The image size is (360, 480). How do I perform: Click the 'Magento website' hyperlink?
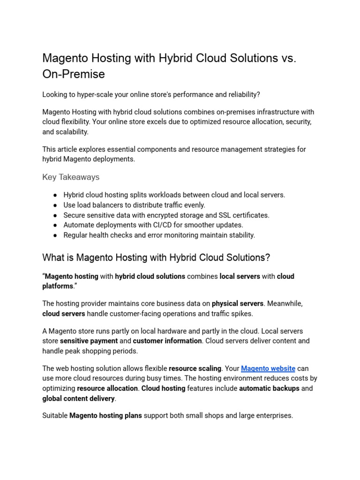(x=268, y=368)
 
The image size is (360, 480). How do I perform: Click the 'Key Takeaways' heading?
(x=71, y=177)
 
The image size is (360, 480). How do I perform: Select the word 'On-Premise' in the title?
(x=74, y=74)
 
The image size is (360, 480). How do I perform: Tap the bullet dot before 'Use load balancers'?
(x=55, y=205)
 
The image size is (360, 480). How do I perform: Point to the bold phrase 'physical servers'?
(x=238, y=304)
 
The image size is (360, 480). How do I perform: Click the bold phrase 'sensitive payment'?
(x=89, y=341)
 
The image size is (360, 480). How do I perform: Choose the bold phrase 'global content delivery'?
(x=79, y=398)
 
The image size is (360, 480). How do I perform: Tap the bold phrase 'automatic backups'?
(x=269, y=389)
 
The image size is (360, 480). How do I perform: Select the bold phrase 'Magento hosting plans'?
(x=105, y=416)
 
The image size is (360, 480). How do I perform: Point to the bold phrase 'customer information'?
(x=167, y=341)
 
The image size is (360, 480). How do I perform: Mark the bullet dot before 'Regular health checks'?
(x=55, y=235)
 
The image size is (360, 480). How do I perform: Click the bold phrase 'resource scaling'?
(x=195, y=368)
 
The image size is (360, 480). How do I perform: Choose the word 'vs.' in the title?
(x=289, y=58)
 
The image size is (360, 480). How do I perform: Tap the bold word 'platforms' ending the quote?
(x=58, y=286)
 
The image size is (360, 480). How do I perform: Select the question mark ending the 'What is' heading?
(x=268, y=258)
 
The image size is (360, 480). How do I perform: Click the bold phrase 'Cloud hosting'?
(x=163, y=389)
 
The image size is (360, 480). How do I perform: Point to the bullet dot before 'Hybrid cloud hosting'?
(x=55, y=195)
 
